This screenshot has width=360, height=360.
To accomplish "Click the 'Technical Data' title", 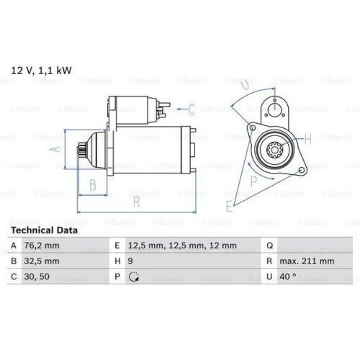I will coord(44,230).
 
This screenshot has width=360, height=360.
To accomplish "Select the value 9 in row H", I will coord(130,261).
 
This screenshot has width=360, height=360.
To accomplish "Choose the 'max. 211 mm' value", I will coord(307,261).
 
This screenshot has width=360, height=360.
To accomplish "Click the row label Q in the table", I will coord(269,246).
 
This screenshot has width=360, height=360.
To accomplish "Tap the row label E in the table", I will coord(117,246).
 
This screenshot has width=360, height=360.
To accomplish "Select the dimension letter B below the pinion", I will coord(91,185).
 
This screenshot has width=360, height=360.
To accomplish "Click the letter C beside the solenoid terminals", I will coord(192,110).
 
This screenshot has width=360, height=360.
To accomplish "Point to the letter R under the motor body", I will coord(135,202).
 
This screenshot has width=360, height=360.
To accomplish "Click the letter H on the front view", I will coord(308,138).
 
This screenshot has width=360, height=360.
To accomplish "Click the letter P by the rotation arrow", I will coord(253,181).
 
